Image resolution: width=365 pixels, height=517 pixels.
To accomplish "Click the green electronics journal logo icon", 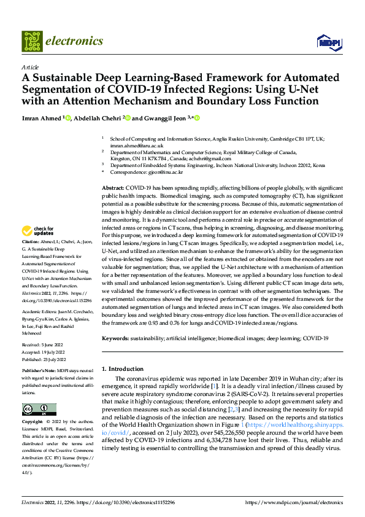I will coord(31,41).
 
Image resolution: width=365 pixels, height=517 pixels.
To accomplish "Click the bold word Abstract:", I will coord(113,187).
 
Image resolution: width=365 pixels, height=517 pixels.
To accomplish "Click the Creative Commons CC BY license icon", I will coord(39,410).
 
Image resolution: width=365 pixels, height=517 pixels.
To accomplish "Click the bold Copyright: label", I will coord(33,422).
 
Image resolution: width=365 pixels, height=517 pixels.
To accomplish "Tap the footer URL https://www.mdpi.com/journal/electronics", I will coord(294,502).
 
